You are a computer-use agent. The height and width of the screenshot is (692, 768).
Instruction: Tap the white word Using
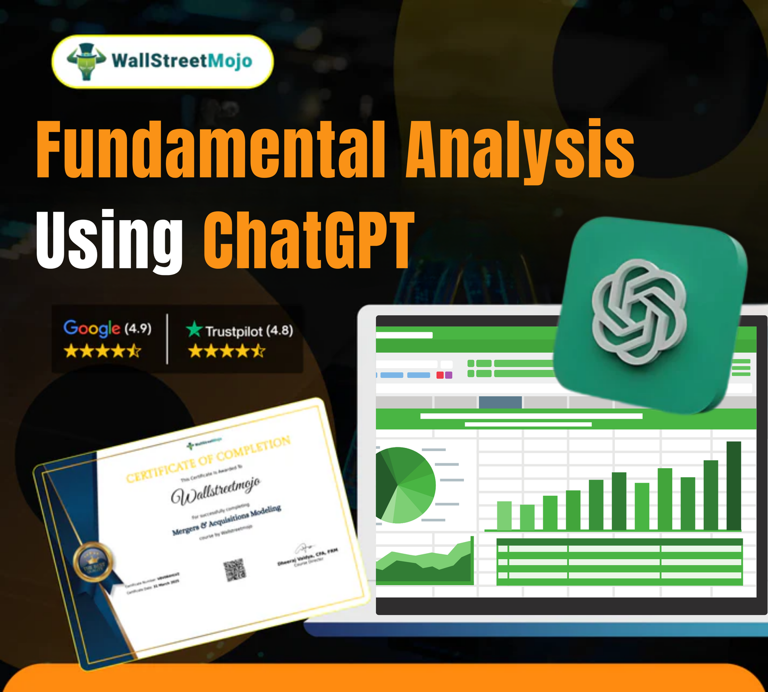pyautogui.click(x=109, y=240)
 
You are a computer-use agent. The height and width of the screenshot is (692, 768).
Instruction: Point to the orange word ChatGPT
pyautogui.click(x=308, y=240)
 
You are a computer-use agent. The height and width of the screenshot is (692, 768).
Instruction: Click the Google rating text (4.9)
pyautogui.click(x=138, y=329)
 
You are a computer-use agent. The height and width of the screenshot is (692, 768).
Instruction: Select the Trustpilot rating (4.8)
pyautogui.click(x=280, y=330)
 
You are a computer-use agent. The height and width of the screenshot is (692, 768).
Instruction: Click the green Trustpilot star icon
pyautogui.click(x=194, y=330)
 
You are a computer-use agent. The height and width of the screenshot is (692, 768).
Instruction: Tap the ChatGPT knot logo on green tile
pyautogui.click(x=639, y=312)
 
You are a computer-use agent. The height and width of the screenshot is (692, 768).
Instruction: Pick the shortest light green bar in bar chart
pyautogui.click(x=527, y=517)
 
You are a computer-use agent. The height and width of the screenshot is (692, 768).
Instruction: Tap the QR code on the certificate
pyautogui.click(x=234, y=569)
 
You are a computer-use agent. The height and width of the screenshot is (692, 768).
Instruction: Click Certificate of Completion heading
pyautogui.click(x=208, y=459)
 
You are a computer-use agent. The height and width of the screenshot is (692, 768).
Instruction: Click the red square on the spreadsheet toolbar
pyautogui.click(x=440, y=375)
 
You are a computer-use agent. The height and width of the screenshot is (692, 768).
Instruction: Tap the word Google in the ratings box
pyautogui.click(x=91, y=328)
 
